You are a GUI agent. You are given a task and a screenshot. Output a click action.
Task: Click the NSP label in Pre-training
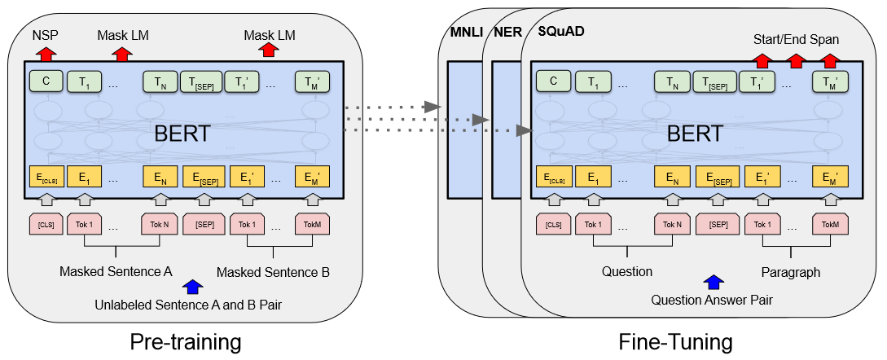[x=46, y=36]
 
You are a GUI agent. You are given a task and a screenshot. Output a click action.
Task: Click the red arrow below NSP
[x=46, y=54]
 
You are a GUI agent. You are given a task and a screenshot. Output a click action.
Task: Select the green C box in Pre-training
[x=46, y=81]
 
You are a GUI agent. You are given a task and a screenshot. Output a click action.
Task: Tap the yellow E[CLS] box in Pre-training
[x=46, y=178]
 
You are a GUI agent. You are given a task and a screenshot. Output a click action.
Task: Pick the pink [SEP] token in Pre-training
[x=204, y=224]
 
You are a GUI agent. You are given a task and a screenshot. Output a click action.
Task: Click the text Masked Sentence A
[x=116, y=271]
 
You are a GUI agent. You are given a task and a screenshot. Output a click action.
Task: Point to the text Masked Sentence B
[x=273, y=272]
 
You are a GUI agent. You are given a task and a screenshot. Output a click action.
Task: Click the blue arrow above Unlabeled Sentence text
[x=194, y=287]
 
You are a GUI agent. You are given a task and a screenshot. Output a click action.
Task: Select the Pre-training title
[x=186, y=342]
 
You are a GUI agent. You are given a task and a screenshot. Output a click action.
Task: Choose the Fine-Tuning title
[x=675, y=342]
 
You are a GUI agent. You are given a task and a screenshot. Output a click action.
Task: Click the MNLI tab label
[x=467, y=32]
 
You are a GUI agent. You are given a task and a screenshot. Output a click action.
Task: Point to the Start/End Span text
[x=796, y=40]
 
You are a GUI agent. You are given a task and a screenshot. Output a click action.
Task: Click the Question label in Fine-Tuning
[x=627, y=271]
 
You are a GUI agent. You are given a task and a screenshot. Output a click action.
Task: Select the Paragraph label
[x=790, y=272]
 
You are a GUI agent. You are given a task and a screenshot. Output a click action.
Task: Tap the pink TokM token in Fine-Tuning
[x=830, y=224]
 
